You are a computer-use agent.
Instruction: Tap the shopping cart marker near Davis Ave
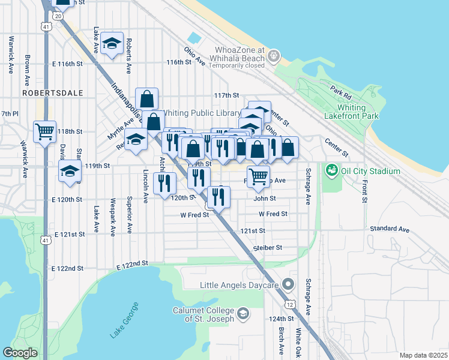pyautogui.click(x=45, y=131)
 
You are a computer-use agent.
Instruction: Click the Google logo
pyautogui.click(x=20, y=352)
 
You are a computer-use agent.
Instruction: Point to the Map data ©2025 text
pyautogui.click(x=423, y=355)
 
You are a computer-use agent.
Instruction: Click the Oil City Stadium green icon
pyautogui.click(x=330, y=171)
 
